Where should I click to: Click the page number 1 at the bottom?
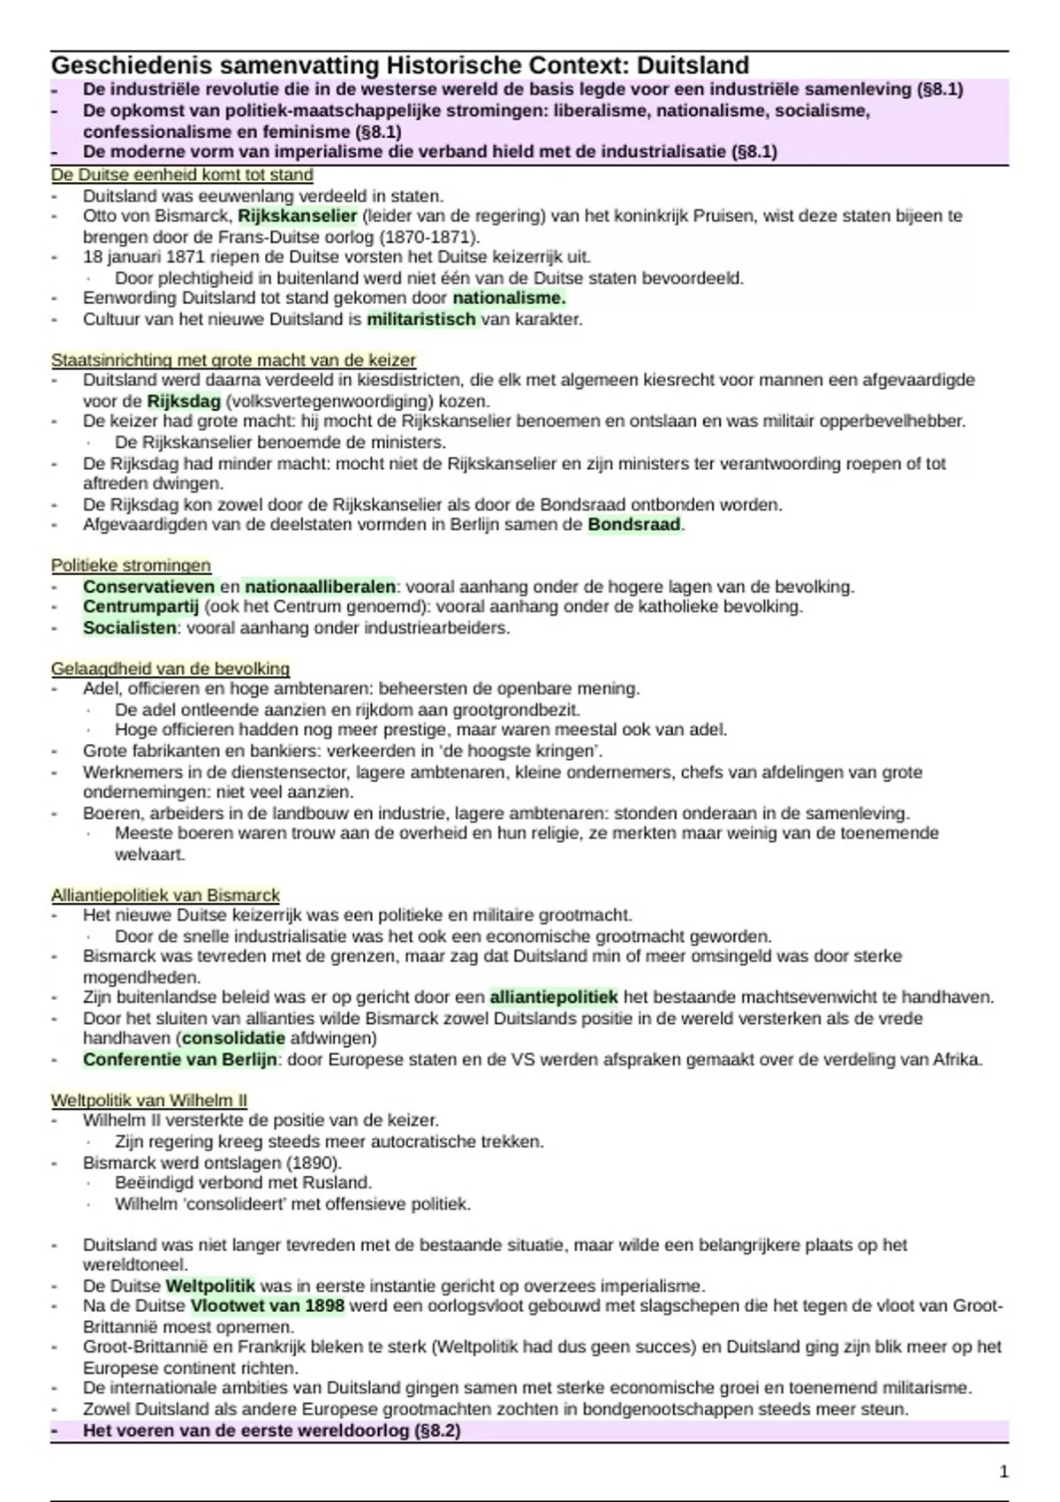click(x=1003, y=1471)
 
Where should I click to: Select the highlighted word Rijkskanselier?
click(x=298, y=216)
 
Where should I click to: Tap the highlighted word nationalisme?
click(x=509, y=299)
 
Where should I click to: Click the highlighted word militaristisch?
click(x=421, y=319)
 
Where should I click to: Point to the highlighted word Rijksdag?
click(x=184, y=401)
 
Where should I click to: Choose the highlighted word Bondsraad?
click(x=634, y=525)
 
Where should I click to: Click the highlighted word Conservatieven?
click(x=148, y=587)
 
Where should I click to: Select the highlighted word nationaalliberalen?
click(x=320, y=587)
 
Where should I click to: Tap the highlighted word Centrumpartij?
click(x=141, y=607)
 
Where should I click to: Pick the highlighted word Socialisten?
click(x=130, y=628)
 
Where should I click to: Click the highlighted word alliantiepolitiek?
click(x=554, y=998)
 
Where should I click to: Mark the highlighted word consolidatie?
click(x=233, y=1038)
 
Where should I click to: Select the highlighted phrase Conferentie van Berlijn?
click(x=180, y=1059)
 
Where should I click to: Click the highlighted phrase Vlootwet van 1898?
click(x=268, y=1306)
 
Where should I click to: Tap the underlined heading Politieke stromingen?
click(x=131, y=565)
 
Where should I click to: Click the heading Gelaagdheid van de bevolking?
click(x=170, y=669)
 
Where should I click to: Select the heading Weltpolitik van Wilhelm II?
click(x=148, y=1100)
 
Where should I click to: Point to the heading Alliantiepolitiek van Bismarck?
click(x=165, y=895)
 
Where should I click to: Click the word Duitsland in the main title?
click(x=693, y=66)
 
